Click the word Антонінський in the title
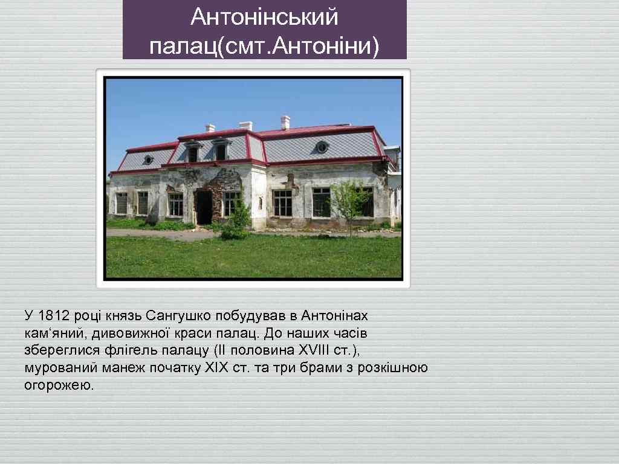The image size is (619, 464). click(264, 18)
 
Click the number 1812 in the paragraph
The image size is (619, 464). click(55, 315)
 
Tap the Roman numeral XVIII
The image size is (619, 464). click(314, 350)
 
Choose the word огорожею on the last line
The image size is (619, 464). click(59, 385)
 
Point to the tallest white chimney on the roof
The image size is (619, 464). click(285, 122)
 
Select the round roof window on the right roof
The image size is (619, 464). click(322, 147)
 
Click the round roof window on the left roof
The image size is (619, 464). click(148, 159)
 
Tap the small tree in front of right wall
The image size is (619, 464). click(349, 202)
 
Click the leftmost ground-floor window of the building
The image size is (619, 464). click(122, 203)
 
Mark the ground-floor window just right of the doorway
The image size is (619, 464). click(232, 203)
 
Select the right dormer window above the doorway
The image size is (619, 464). click(221, 151)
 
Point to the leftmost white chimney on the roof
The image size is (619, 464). click(210, 127)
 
